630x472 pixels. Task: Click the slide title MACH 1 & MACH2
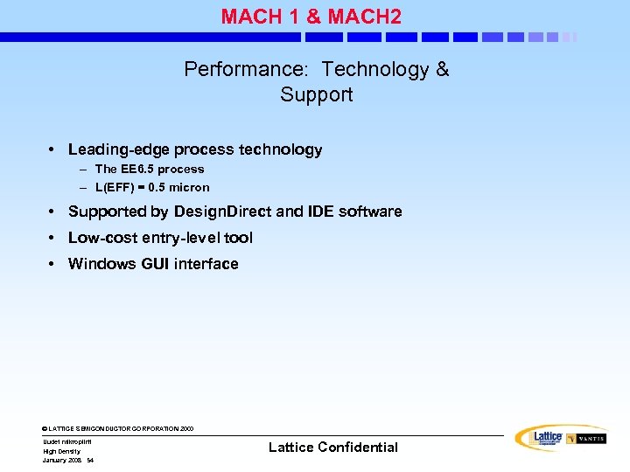click(x=311, y=16)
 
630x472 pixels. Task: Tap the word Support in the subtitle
click(x=316, y=94)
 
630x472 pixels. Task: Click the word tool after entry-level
click(x=238, y=238)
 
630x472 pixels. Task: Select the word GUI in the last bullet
click(x=156, y=264)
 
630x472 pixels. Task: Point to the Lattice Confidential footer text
click(x=332, y=448)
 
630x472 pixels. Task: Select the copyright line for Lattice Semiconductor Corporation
click(x=117, y=429)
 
